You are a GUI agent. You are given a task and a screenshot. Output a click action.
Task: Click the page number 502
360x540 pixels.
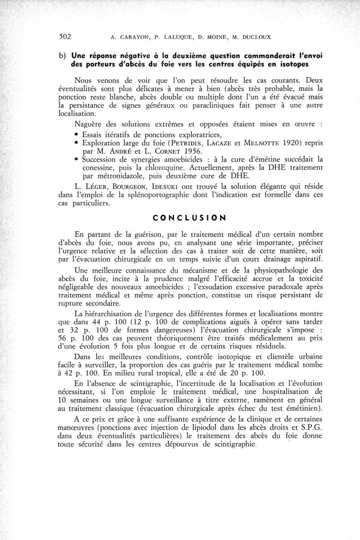pyautogui.click(x=66, y=36)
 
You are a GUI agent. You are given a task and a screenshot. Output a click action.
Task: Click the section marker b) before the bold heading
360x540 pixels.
pyautogui.click(x=62, y=55)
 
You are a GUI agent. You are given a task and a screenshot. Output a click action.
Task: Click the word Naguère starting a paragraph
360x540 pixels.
pyautogui.click(x=90, y=125)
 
